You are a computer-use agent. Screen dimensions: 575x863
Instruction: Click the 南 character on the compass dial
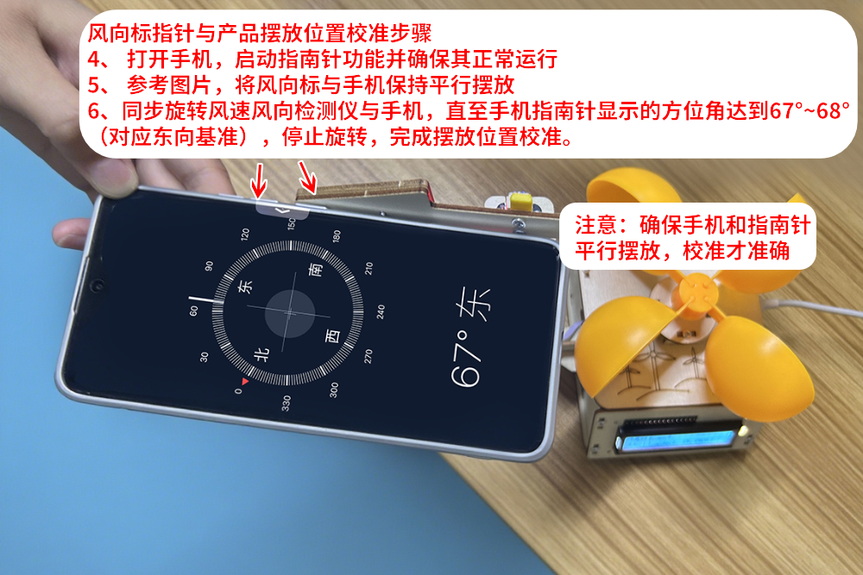point(317,271)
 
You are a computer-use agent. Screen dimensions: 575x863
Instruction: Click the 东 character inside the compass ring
point(245,288)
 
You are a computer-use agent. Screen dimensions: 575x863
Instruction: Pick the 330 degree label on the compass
point(286,401)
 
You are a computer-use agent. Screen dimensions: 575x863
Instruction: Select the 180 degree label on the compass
point(337,236)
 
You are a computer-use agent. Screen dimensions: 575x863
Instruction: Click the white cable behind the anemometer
point(820,309)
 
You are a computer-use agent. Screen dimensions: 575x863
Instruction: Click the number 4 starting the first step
point(94,60)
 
